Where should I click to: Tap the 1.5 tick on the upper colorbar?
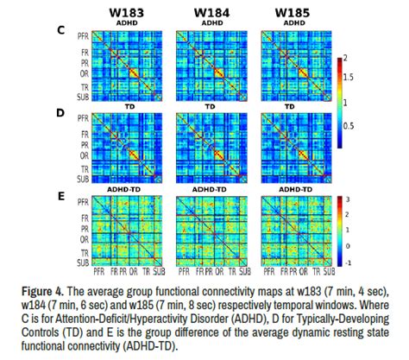point(352,77)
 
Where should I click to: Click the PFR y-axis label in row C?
point(81,38)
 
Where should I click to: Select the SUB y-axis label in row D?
point(81,180)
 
